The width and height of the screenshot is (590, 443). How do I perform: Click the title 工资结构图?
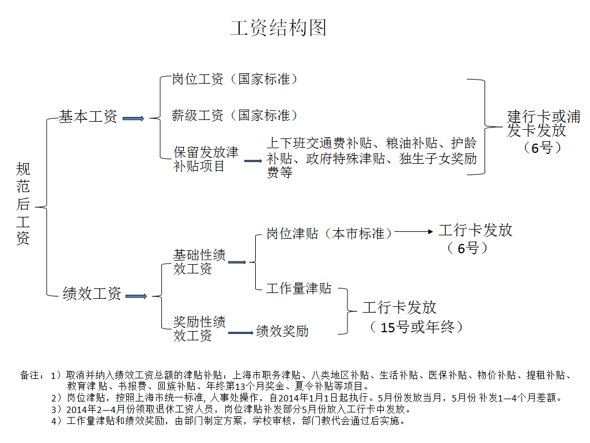point(278,28)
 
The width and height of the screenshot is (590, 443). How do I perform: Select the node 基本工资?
point(88,117)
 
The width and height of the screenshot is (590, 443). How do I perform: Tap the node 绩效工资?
point(92,294)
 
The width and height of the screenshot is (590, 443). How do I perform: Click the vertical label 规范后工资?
point(24,203)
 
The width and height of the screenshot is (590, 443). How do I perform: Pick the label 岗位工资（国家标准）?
point(235,80)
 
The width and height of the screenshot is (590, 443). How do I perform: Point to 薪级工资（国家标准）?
point(235,115)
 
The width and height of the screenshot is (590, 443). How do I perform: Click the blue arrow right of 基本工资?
point(133,118)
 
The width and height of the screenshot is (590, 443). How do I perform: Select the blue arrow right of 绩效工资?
point(136,296)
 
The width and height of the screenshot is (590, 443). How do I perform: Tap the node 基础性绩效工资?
point(199,262)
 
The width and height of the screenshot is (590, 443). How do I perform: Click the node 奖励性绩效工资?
point(199,329)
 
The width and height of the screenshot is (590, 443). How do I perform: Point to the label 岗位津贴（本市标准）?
point(330,234)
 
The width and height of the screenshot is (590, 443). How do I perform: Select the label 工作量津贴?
point(299,288)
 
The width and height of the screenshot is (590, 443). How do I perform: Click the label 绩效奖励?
point(282,331)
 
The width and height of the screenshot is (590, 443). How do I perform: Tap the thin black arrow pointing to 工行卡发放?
point(413,232)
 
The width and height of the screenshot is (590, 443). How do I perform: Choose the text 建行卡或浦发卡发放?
point(543,123)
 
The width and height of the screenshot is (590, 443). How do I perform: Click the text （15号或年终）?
point(416,327)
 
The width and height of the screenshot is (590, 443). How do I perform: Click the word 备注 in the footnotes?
point(29,376)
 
